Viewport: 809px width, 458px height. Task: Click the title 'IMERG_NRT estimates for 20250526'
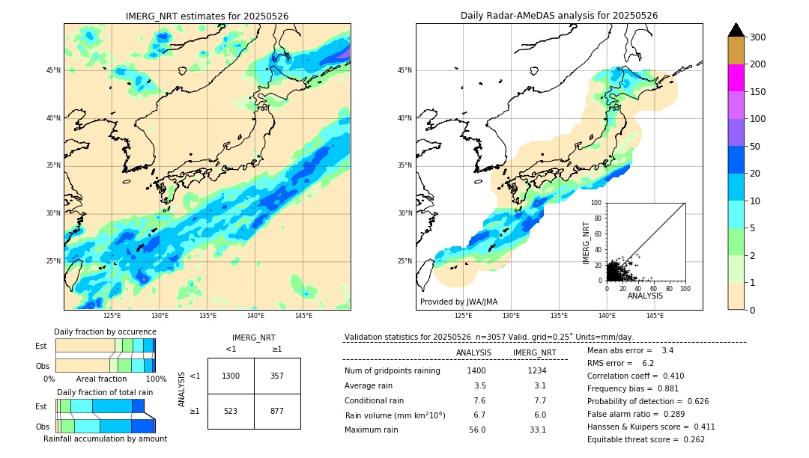207,16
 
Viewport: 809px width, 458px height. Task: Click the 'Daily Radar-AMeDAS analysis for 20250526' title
559,16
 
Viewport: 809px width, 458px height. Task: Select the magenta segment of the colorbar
736,78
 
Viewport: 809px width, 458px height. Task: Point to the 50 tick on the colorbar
756,147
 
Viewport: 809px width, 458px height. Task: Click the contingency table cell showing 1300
231,376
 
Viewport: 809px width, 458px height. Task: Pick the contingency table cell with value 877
277,411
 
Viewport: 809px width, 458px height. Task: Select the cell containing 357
277,376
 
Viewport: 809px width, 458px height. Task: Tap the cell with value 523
231,411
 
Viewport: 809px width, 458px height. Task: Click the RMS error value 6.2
649,363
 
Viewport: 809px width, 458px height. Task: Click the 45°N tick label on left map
53,70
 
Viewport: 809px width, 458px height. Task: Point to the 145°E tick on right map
655,316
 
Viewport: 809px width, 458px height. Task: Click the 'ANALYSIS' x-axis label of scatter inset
645,296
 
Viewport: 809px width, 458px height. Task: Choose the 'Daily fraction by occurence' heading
105,332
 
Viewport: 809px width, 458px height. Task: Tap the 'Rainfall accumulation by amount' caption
105,439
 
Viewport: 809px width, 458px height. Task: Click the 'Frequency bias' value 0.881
670,388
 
